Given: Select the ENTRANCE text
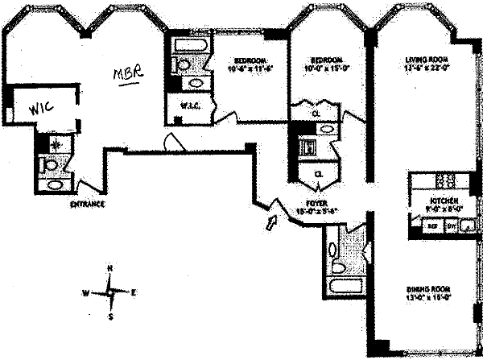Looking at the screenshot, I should (x=88, y=205).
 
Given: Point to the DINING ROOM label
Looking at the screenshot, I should (x=428, y=288).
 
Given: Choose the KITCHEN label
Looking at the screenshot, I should (x=444, y=200).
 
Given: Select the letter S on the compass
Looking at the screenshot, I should (x=111, y=317).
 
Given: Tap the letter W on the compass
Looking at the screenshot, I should (x=86, y=292).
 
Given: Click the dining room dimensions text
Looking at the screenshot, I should (x=428, y=297).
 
